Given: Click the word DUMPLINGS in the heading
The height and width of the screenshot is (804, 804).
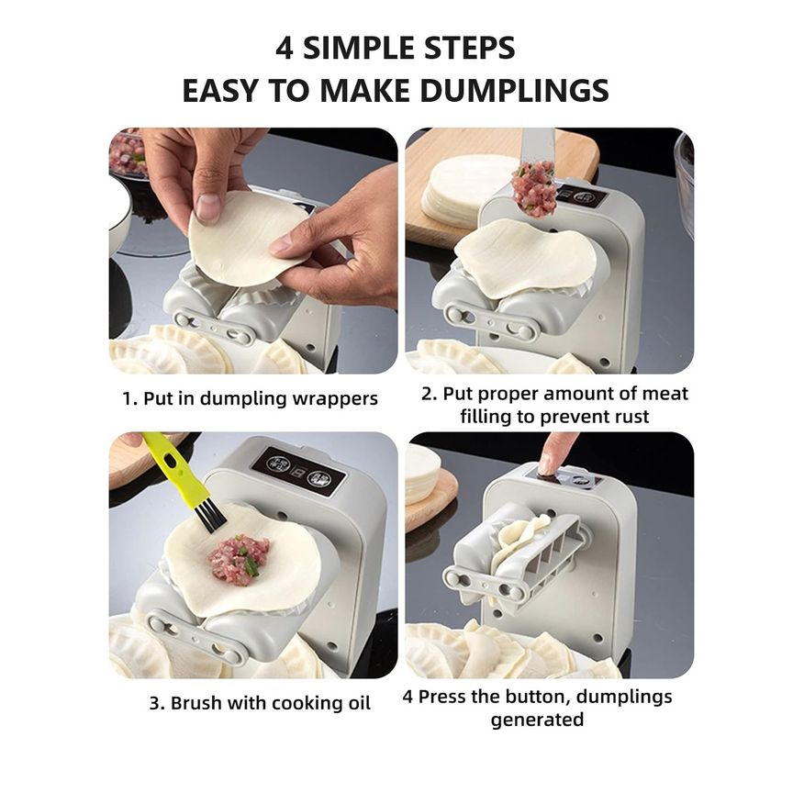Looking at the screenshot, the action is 514,90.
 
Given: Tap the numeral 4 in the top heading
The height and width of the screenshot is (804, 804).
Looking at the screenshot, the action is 285,48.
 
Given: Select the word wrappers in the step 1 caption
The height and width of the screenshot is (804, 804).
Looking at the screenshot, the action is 335,399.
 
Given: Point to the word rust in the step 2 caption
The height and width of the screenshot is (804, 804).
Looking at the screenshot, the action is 631,417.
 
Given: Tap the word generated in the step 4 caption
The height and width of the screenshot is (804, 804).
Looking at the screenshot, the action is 537,720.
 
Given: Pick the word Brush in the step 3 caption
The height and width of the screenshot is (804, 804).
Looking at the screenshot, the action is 196,702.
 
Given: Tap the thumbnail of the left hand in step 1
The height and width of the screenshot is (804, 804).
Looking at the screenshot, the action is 208,207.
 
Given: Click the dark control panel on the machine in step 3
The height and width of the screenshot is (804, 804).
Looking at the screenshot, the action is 298,473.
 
